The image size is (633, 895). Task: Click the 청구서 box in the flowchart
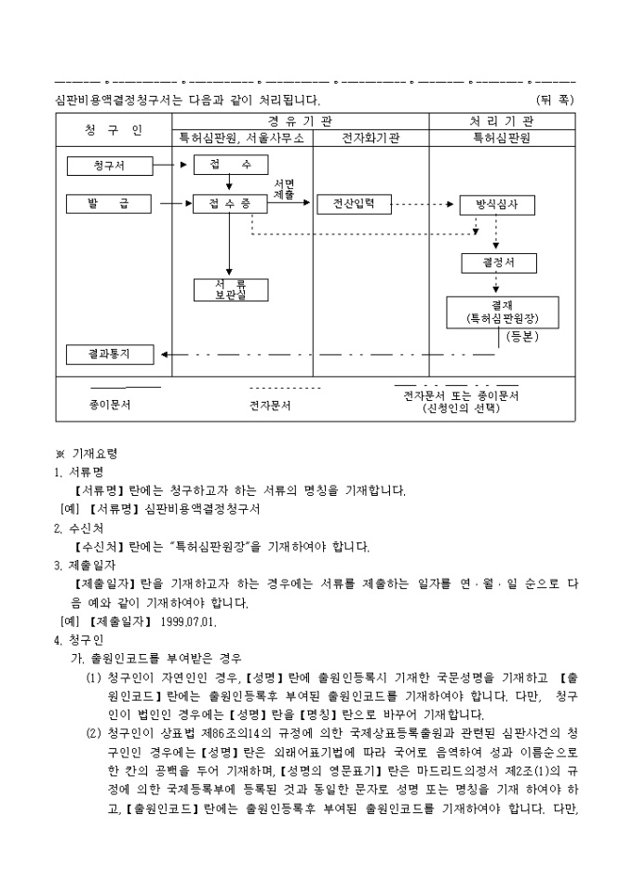[x=109, y=167]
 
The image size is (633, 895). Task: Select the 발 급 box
[x=109, y=202]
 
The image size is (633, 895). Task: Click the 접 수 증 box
[x=222, y=203]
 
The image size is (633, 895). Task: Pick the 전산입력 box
[x=352, y=203]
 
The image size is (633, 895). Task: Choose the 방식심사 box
[x=496, y=204]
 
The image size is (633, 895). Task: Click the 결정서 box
[x=499, y=262]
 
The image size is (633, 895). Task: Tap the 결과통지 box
[x=109, y=354]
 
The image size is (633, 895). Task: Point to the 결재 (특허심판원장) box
[x=503, y=312]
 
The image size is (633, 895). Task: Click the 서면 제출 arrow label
[x=284, y=189]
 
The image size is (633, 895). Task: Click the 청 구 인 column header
[x=113, y=130]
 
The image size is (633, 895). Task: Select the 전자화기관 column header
[x=370, y=139]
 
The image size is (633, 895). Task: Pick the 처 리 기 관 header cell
[x=502, y=121]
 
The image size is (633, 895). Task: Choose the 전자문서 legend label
[x=272, y=406]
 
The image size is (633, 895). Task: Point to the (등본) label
[x=523, y=338]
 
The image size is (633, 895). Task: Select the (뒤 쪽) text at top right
[x=556, y=99]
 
